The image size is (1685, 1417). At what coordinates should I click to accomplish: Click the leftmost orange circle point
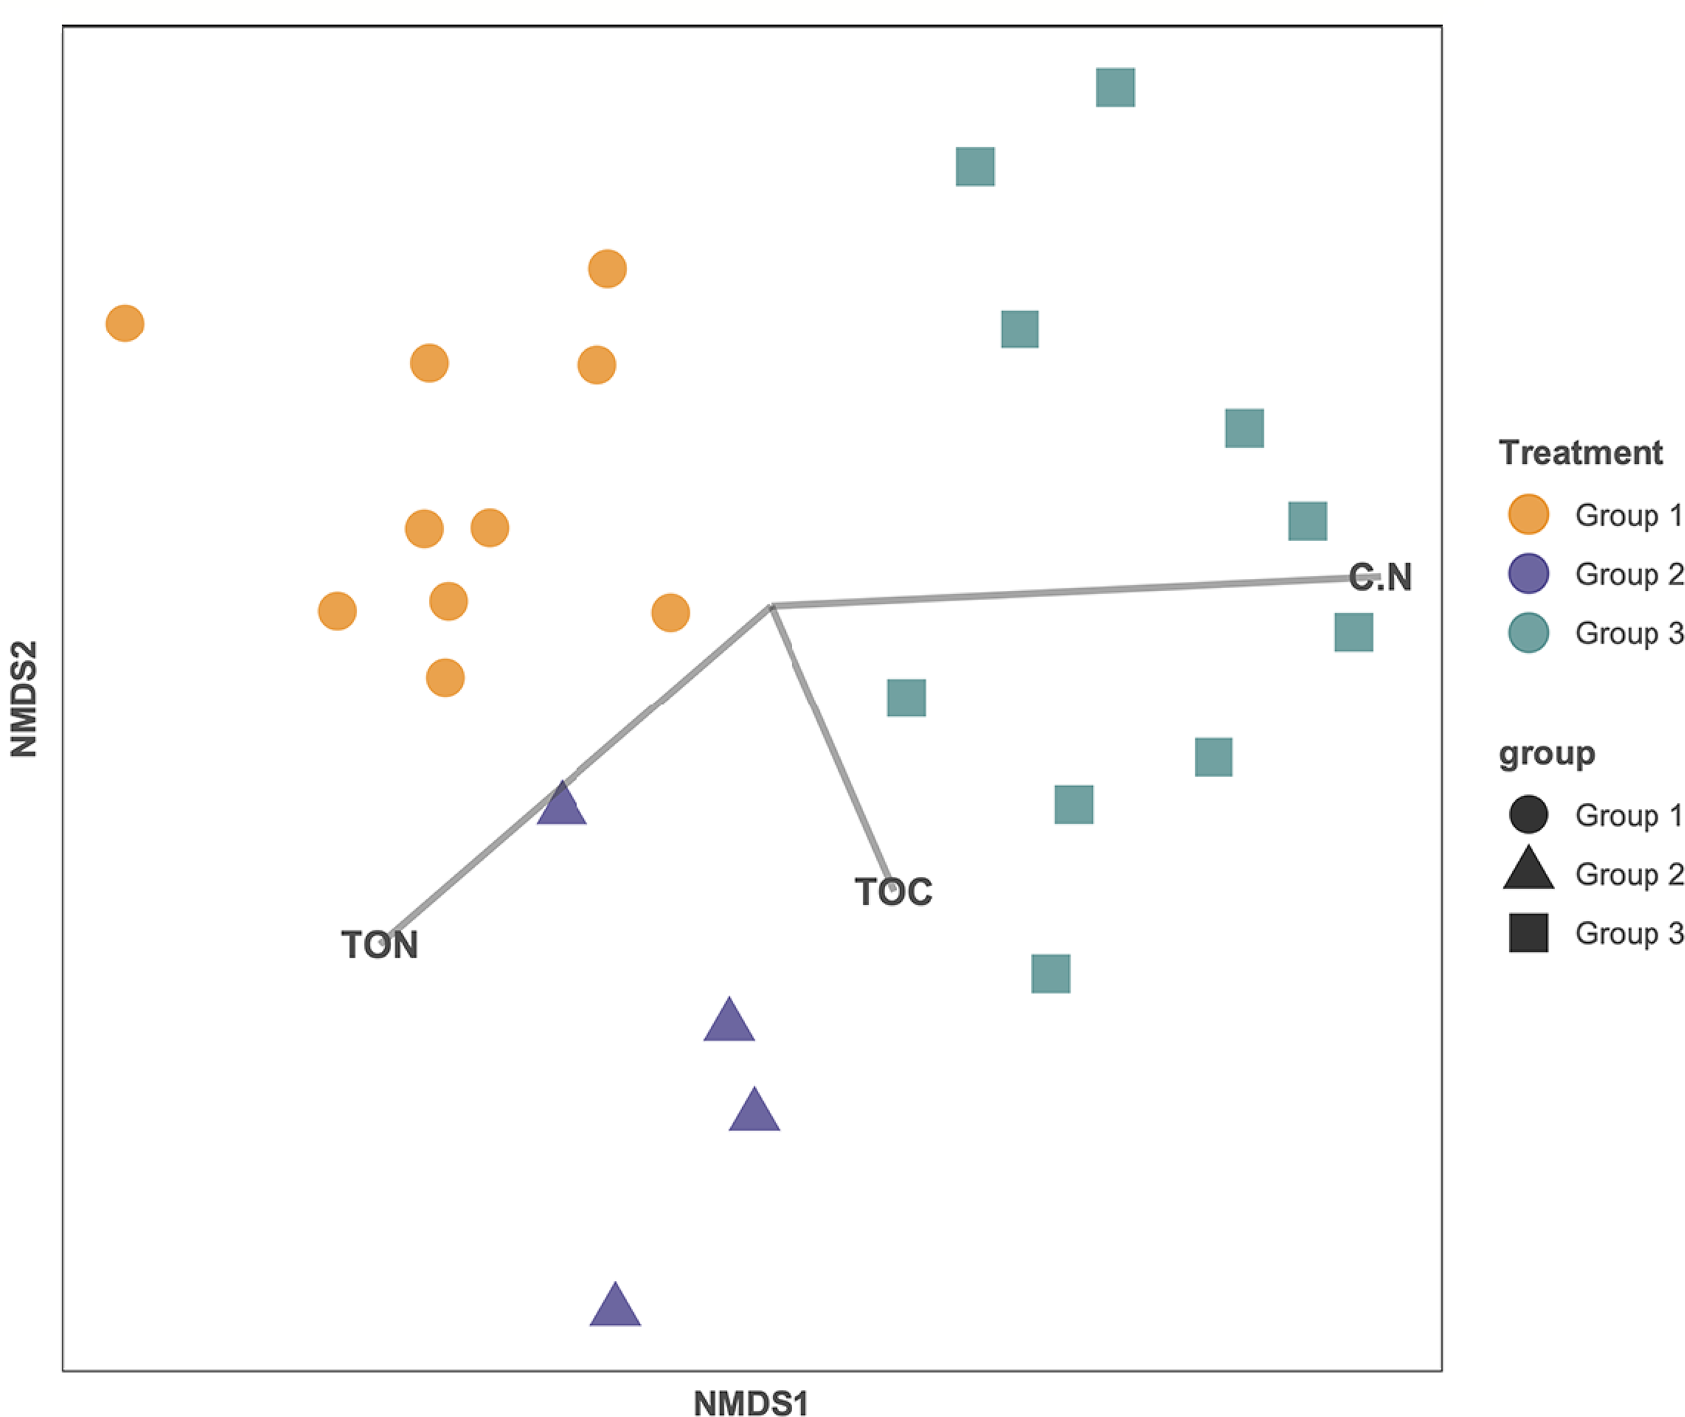click(x=125, y=324)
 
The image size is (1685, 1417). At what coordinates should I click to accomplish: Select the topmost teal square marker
click(x=1116, y=87)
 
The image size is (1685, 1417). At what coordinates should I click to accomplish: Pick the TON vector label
click(x=380, y=946)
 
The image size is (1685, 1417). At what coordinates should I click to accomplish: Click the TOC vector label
click(x=893, y=892)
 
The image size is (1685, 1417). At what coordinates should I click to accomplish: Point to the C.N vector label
click(x=1380, y=578)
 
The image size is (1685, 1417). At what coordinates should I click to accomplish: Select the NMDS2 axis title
click(x=24, y=699)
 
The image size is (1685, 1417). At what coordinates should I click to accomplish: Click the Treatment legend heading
click(x=1579, y=453)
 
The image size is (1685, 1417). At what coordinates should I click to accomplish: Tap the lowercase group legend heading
click(x=1546, y=753)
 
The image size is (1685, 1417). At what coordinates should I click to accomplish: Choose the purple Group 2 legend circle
click(x=1528, y=573)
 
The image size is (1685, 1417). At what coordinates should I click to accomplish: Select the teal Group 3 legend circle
click(x=1528, y=633)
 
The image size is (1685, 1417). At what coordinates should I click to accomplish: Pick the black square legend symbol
click(x=1528, y=932)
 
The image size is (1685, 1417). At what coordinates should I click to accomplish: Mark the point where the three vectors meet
click(x=771, y=607)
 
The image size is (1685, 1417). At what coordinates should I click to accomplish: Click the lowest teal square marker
click(x=1050, y=973)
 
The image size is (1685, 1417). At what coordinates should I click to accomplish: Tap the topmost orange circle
click(x=607, y=268)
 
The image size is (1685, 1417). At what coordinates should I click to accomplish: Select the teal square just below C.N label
click(x=1353, y=632)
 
